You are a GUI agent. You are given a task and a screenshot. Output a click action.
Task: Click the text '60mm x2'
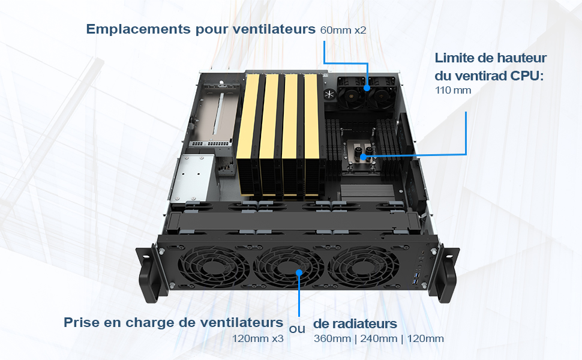point(343,30)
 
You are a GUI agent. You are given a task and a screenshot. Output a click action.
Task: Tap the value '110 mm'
point(453,90)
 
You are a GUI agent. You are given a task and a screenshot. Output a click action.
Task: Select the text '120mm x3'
point(257,338)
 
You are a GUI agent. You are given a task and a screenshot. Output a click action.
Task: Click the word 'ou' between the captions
point(297,329)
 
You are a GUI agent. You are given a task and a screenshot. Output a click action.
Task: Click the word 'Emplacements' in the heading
point(139,29)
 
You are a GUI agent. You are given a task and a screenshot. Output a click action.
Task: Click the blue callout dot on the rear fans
point(367,88)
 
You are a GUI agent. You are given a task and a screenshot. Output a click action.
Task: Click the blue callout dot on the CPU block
point(364,157)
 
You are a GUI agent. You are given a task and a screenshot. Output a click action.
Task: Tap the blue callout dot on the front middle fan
point(299,273)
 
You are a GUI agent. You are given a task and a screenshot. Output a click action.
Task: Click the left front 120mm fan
point(214,267)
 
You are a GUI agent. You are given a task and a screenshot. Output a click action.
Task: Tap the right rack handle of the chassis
point(445,273)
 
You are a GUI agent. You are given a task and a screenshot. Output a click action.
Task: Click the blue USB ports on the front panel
point(415,280)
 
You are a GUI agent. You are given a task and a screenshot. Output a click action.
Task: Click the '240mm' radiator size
point(379,338)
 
